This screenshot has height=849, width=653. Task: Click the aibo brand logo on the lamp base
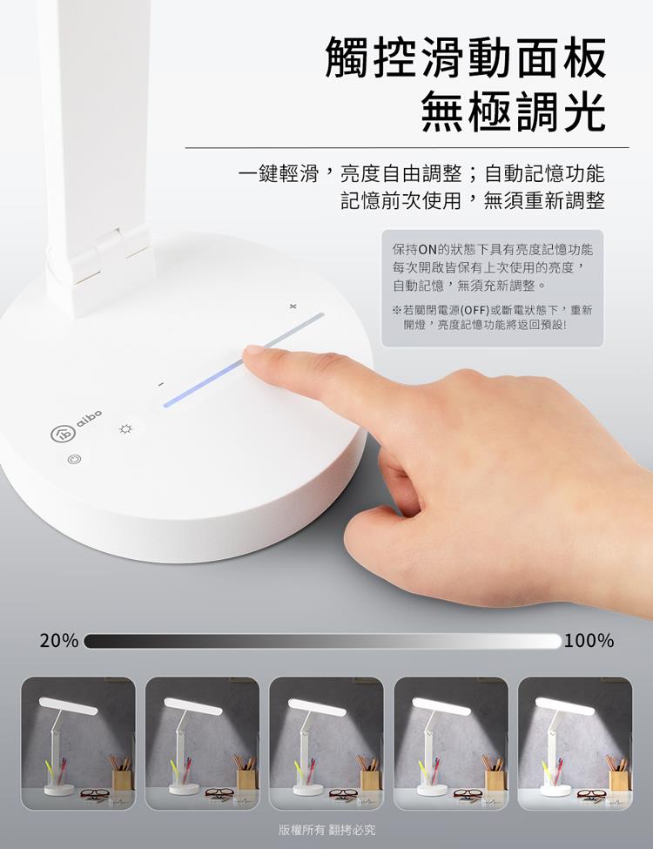76,426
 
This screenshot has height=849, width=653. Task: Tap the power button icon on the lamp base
74,459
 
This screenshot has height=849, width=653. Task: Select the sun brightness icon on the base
125,429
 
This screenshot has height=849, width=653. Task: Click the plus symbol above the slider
293,307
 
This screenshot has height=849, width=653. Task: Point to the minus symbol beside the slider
160,384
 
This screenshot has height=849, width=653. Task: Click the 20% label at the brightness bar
59,641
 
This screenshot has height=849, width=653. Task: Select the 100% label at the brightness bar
589,641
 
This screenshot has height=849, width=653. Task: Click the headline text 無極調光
514,111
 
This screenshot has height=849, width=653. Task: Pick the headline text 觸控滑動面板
466,57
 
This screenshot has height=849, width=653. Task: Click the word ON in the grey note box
427,250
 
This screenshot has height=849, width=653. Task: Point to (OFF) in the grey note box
475,310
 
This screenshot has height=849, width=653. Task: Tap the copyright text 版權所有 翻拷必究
326,830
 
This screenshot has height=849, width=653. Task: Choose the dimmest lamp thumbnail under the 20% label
78,744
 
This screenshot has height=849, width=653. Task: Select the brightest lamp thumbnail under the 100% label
575,744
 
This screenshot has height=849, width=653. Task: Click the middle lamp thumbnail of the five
326,744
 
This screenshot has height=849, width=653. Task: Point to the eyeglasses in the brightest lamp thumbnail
592,795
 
